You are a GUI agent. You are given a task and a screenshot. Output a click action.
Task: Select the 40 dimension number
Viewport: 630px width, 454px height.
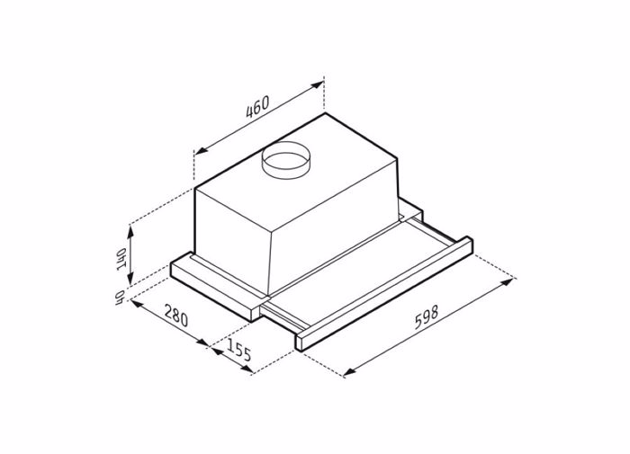pyautogui.click(x=118, y=298)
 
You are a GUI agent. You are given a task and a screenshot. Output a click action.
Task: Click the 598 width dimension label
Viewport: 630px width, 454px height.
pyautogui.click(x=427, y=321)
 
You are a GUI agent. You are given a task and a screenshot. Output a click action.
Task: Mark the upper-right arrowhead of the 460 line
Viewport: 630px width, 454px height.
pyautogui.click(x=319, y=85)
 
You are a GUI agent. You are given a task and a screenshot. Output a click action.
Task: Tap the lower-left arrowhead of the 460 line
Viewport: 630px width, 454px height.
pyautogui.click(x=198, y=152)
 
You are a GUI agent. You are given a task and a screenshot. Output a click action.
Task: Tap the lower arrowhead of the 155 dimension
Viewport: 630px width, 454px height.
pyautogui.click(x=250, y=369)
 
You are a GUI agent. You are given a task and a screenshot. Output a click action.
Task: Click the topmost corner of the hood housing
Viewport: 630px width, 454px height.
pyautogui.click(x=324, y=114)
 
